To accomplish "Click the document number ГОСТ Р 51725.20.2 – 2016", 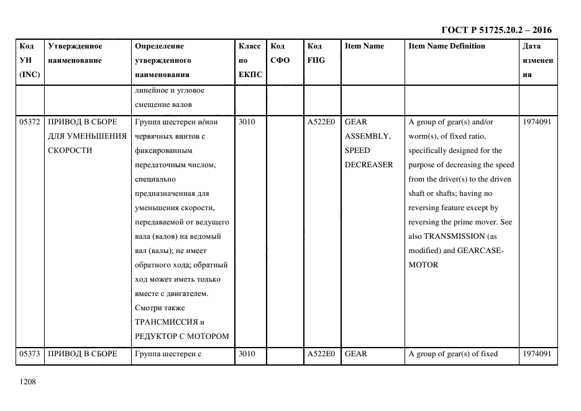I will tap(496, 30).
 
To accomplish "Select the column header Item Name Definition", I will tap(447, 46).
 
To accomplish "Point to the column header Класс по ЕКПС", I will tap(250, 60).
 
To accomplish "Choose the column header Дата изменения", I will tap(538, 60).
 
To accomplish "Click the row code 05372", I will tap(30, 122).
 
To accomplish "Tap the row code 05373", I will tap(30, 354).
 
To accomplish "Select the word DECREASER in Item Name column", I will tap(368, 165).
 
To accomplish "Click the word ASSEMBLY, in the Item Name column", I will tap(367, 136).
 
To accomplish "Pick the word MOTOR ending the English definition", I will tap(423, 265).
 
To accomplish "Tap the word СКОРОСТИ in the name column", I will tap(70, 150).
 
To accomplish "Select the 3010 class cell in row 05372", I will tap(247, 122).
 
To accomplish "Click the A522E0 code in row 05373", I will tap(321, 354).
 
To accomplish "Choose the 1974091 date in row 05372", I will tap(537, 122).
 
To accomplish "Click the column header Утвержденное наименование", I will tap(75, 53).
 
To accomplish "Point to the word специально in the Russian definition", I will tap(153, 179).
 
